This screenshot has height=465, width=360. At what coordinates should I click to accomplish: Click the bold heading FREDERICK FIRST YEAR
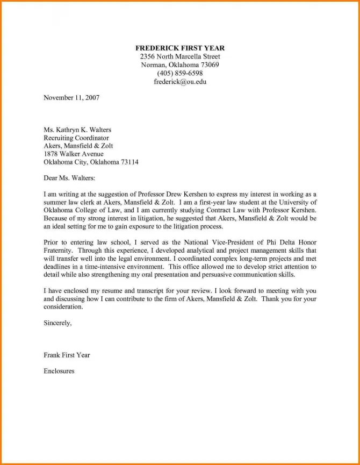tap(180, 48)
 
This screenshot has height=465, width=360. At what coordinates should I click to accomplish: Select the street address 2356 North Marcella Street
tap(180, 56)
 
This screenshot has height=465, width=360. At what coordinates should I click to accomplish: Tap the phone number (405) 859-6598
tap(180, 74)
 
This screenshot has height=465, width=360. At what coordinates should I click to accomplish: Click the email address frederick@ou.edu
tap(180, 82)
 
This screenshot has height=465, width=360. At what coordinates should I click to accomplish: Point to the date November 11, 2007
tap(71, 98)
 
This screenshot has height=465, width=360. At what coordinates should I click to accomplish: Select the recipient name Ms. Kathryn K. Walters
tap(77, 130)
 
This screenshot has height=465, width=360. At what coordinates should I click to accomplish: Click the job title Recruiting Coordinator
tap(76, 138)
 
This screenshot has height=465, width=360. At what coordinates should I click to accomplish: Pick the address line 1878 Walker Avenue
tap(74, 154)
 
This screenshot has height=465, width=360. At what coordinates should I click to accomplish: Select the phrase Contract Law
tap(237, 210)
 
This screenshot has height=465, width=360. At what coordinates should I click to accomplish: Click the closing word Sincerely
tap(56, 323)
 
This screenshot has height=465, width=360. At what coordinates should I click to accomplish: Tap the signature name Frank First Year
tap(67, 355)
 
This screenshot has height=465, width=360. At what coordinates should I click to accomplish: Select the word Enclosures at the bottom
tap(59, 371)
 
